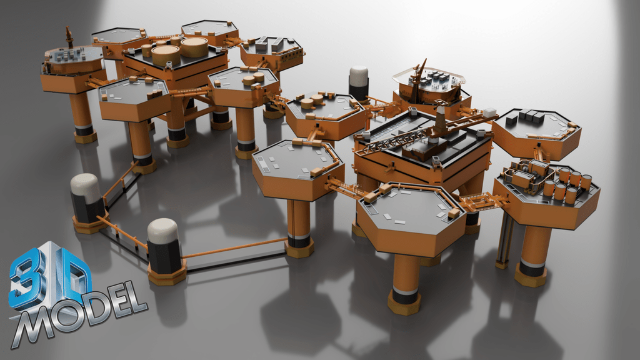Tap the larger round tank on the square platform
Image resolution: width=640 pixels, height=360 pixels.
194,46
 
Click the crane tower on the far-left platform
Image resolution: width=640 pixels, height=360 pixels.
69,38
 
